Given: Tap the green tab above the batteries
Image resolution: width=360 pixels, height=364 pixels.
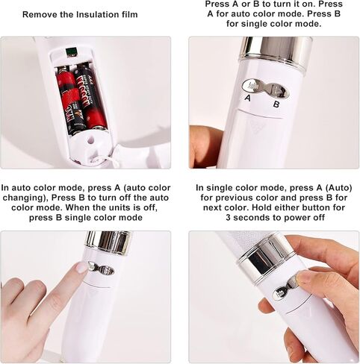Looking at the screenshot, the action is click(71, 52).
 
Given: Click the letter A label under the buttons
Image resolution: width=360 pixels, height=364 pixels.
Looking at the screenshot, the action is click(247, 98).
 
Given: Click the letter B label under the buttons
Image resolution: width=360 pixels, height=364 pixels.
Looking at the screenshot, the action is click(276, 104).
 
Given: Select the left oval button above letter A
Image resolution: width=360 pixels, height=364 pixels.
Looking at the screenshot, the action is click(251, 86).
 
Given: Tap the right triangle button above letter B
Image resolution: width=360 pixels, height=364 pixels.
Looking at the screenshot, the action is click(279, 91).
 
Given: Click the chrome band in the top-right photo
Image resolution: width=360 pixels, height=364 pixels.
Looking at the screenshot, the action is click(275, 51).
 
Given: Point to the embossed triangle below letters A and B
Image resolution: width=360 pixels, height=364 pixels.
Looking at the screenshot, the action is click(255, 125).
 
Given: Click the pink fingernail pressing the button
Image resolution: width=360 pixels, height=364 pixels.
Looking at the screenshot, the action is click(81, 268).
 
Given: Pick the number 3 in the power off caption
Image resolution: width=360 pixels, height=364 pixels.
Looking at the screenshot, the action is click(229, 218).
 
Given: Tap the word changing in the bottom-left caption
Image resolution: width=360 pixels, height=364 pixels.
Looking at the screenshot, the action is click(25, 198).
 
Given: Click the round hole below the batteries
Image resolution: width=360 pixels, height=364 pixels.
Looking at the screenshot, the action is click(91, 139).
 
